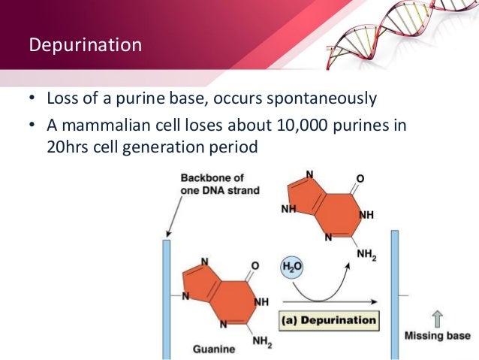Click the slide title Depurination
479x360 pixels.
[85, 45]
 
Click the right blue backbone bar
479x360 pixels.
[395, 293]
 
